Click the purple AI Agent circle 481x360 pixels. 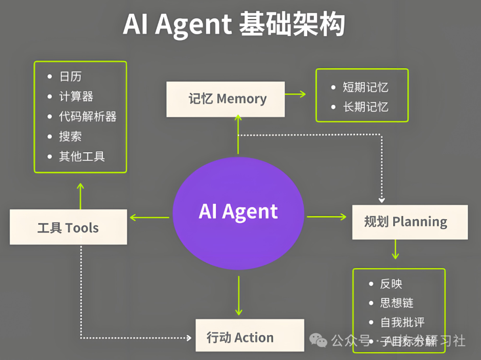[238, 212]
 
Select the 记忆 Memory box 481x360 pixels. [225, 99]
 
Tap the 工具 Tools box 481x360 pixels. [68, 228]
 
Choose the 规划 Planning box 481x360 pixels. [410, 222]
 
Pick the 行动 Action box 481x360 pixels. [249, 337]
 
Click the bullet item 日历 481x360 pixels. [70, 77]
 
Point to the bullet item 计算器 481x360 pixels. [76, 97]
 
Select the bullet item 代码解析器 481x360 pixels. [88, 117]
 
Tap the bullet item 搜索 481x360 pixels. [70, 137]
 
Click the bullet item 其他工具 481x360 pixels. [82, 156]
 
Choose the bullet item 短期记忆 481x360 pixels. [365, 87]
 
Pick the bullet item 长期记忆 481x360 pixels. [365, 107]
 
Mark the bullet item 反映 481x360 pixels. [391, 283]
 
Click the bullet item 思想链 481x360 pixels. [397, 303]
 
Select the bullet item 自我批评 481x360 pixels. [403, 322]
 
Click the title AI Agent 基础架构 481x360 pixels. [234, 24]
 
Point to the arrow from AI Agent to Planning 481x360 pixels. [326, 217]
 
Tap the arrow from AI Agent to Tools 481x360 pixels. [150, 218]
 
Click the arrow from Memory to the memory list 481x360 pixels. [295, 94]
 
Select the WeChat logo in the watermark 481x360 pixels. [318, 341]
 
